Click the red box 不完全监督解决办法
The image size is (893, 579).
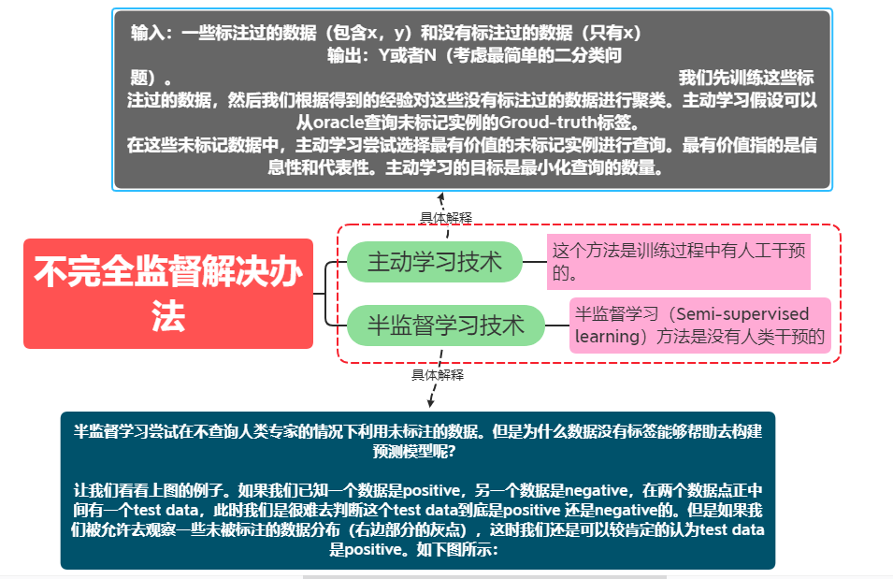tap(168, 294)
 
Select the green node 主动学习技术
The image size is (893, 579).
tap(434, 262)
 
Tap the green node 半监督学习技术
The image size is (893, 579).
tap(445, 326)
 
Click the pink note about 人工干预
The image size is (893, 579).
tap(678, 262)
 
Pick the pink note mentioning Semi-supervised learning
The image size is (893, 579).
tap(699, 326)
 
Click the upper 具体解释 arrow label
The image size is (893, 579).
tap(446, 218)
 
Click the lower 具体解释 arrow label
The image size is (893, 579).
tap(437, 375)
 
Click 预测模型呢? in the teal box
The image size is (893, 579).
tap(418, 451)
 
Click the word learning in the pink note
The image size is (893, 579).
tap(607, 337)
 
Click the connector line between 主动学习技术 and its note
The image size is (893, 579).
tap(534, 262)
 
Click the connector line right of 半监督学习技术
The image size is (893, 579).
tap(557, 326)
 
